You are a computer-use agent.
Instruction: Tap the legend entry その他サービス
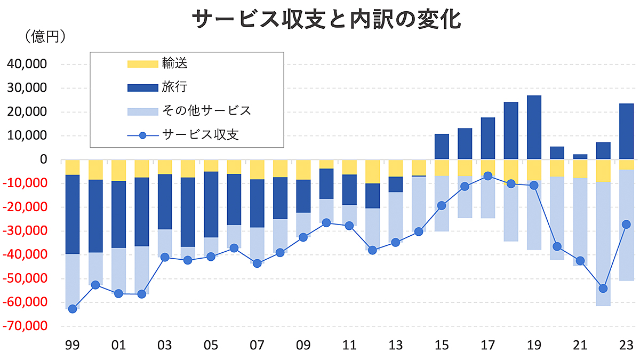pos(206,110)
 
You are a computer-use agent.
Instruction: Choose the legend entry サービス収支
pos(200,134)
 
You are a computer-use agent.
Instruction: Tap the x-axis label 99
pos(73,345)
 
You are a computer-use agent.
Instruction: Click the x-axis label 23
pos(626,345)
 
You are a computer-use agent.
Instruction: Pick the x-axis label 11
pos(349,345)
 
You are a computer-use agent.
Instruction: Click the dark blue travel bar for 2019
pos(534,127)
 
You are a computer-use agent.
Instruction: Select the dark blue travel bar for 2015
pos(442,147)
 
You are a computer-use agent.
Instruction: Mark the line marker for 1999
pos(73,308)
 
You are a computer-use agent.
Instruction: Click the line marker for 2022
pos(603,289)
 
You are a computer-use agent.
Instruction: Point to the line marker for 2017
pos(487,175)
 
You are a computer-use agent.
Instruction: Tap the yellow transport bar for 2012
pos(372,171)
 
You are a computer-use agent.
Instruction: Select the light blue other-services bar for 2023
pos(626,224)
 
